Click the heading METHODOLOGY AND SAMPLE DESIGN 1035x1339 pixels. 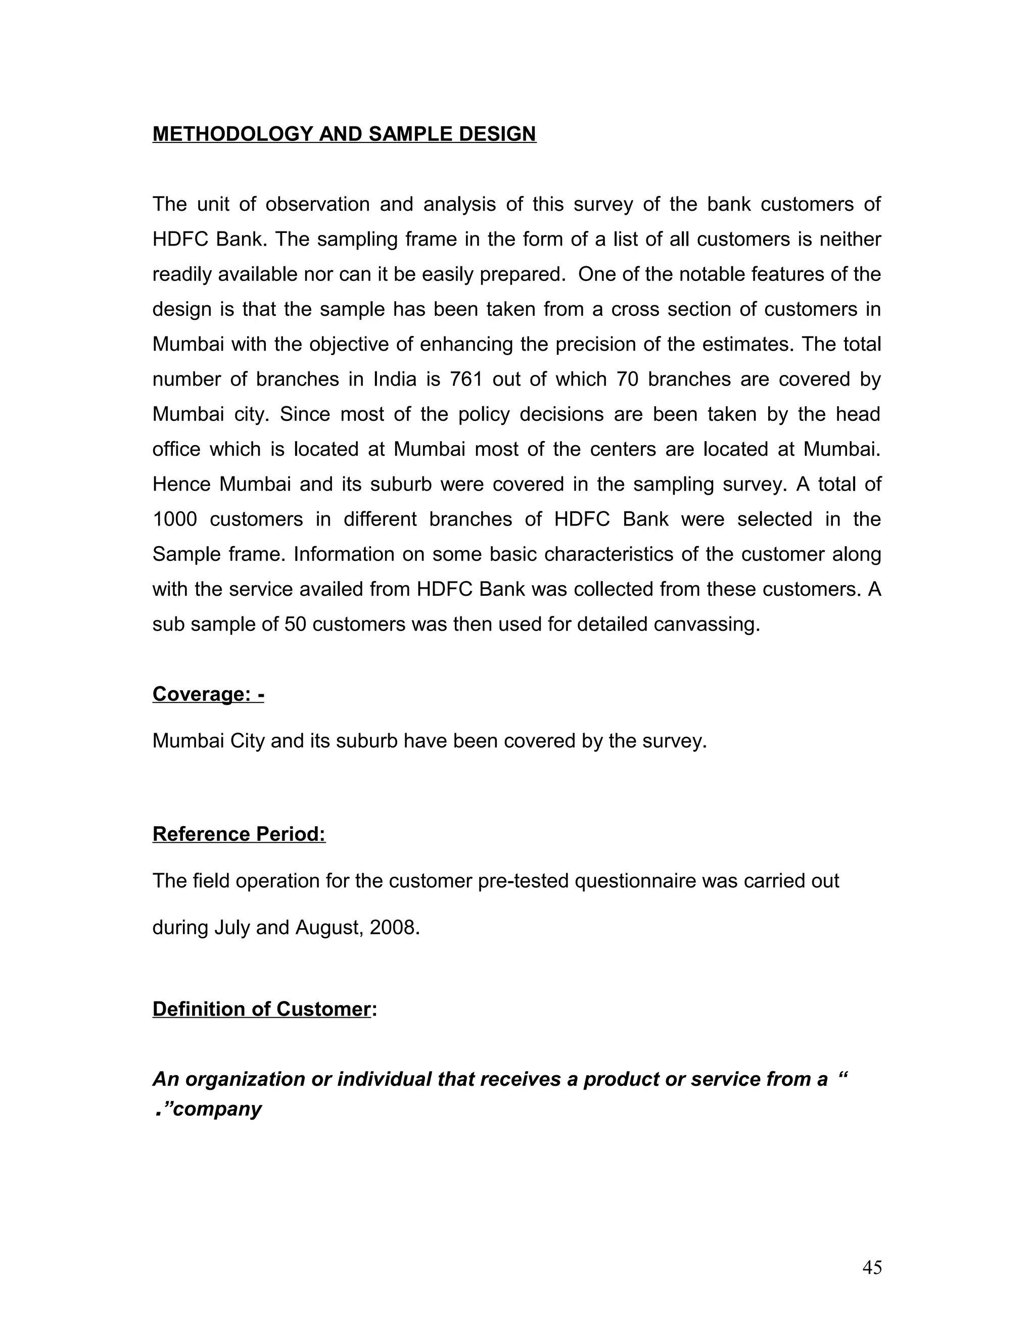[x=344, y=134]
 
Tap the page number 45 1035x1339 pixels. [x=872, y=1267]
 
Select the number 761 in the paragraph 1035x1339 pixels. [x=466, y=379]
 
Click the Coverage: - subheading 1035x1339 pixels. [x=208, y=694]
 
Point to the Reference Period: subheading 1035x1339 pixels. [x=239, y=834]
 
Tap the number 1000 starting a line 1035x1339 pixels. [x=175, y=519]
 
